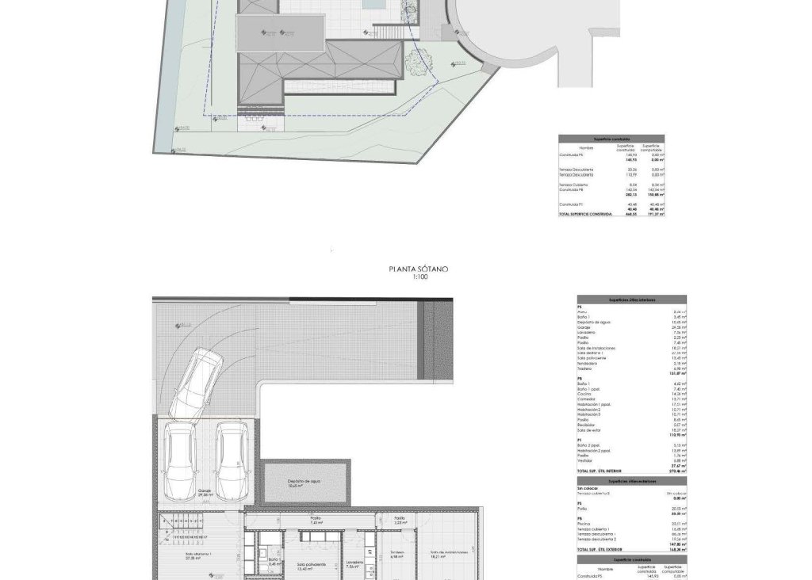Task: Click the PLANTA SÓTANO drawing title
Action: (418, 269)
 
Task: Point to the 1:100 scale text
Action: (418, 277)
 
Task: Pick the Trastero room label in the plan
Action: (396, 554)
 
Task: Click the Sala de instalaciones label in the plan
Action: (446, 554)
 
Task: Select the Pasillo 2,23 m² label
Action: (400, 520)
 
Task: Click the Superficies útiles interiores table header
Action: (631, 300)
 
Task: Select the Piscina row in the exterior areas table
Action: (585, 524)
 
